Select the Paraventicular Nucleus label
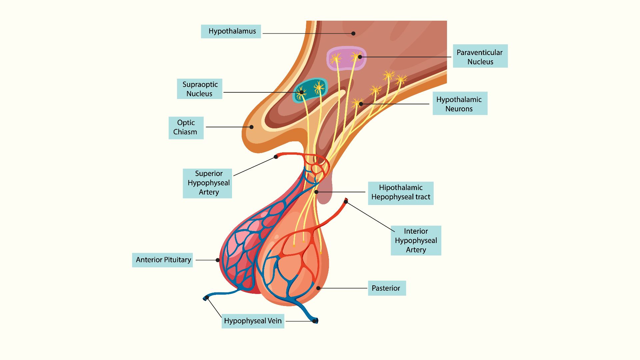coord(480,56)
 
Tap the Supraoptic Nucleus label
coord(199,89)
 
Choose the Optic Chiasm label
coord(186,128)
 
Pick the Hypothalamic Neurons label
coord(460,104)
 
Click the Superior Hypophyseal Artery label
coord(207,183)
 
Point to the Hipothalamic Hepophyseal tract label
coord(400,193)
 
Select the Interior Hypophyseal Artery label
coord(416,240)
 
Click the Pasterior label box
coord(386,288)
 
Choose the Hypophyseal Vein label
coord(253,321)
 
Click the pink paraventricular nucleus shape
coord(346,59)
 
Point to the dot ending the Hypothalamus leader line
coord(353,33)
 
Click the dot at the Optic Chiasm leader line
coord(252,127)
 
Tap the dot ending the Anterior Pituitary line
coord(218,260)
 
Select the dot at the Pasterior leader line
coord(318,288)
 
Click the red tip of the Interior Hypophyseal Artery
coord(346,201)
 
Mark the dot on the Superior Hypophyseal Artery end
coord(276,157)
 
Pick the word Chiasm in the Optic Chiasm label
coord(185,132)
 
